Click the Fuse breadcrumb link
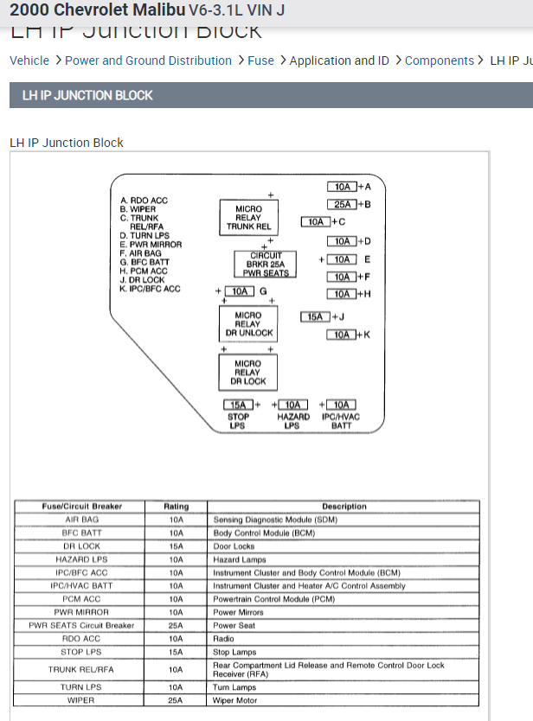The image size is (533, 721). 260,61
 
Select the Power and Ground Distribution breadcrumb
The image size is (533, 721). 148,61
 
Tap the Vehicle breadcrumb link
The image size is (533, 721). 29,61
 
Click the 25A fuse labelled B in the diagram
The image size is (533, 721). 343,204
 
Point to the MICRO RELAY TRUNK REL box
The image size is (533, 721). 248,217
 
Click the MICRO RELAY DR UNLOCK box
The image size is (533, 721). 247,324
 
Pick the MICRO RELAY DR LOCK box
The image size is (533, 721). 247,373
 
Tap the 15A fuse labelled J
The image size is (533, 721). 315,316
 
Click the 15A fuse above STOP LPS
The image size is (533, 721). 238,405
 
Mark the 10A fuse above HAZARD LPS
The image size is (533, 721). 292,405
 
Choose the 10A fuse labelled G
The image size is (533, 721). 240,291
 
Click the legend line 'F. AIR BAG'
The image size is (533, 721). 140,253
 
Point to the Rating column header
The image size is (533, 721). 176,506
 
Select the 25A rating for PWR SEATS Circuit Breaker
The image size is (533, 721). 176,625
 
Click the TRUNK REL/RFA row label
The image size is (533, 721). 81,669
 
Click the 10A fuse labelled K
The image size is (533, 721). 342,335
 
